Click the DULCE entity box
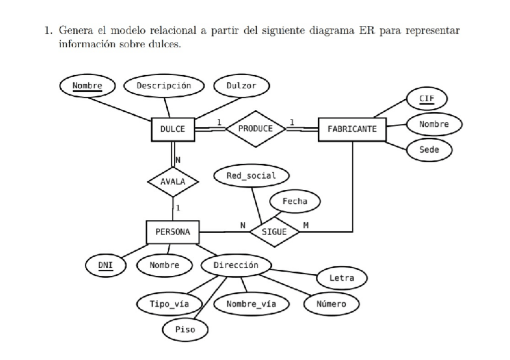(x=173, y=129)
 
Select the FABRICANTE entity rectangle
(x=352, y=129)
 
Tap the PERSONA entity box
(x=173, y=231)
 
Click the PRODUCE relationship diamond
(x=255, y=128)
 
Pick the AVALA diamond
(x=173, y=181)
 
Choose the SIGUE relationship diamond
(x=274, y=231)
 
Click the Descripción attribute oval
(x=164, y=86)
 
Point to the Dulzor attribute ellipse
(x=241, y=86)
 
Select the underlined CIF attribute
(x=426, y=98)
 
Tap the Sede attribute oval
(x=429, y=149)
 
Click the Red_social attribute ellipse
(x=251, y=175)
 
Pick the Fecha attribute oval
(x=294, y=201)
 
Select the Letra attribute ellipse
(x=342, y=278)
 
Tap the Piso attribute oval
(x=185, y=329)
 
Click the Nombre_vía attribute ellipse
(x=251, y=304)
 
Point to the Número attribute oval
(x=331, y=304)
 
